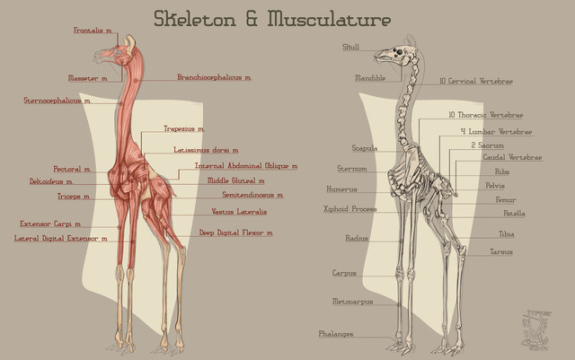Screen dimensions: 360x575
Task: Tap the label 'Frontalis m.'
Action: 93,31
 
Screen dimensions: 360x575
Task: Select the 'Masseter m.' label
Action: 87,78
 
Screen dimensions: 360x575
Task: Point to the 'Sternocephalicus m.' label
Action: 57,101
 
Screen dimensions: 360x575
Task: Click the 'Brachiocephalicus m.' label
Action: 214,78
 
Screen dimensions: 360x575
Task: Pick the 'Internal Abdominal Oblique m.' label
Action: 245,166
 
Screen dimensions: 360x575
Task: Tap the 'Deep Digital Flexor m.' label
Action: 235,233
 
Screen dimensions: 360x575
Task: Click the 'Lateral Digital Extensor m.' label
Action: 60,239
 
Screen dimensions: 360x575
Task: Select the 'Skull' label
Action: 350,47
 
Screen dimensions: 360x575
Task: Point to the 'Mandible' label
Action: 370,78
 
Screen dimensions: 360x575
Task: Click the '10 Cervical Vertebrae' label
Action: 475,82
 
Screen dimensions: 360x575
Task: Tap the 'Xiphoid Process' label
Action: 349,209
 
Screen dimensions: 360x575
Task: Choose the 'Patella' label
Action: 514,214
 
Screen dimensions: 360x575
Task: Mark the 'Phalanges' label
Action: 335,334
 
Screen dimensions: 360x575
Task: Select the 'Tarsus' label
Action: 501,252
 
